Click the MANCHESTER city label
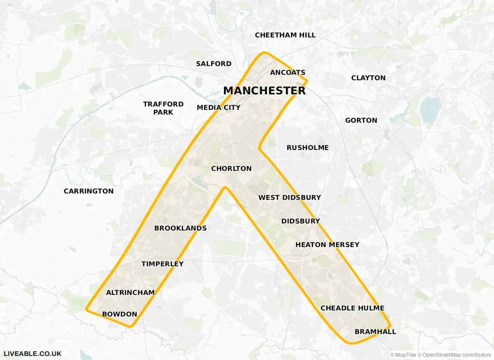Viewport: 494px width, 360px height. [x=264, y=91]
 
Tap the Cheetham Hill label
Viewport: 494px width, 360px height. [x=285, y=35]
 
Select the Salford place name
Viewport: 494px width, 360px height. [x=214, y=64]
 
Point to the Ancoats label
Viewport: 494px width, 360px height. [x=288, y=72]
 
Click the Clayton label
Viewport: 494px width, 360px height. [x=368, y=78]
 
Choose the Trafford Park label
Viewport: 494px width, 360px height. [x=163, y=108]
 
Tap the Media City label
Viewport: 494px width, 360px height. [x=219, y=108]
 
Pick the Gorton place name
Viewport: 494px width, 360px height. [x=361, y=120]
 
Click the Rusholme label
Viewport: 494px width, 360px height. [x=308, y=147]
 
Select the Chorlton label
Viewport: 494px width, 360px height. [x=231, y=168]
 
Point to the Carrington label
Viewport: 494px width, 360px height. [x=89, y=191]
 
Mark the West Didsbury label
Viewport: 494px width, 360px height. [x=289, y=198]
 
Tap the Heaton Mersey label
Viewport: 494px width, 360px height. [x=327, y=245]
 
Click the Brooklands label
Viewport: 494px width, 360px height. [x=180, y=228]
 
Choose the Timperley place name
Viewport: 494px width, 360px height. [x=163, y=264]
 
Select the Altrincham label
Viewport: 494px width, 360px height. [x=130, y=292]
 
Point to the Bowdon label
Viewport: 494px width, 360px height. [x=119, y=314]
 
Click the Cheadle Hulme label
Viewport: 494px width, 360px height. [x=352, y=308]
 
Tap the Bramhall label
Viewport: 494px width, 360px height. [x=375, y=332]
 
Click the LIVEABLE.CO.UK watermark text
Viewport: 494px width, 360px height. [x=33, y=353]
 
